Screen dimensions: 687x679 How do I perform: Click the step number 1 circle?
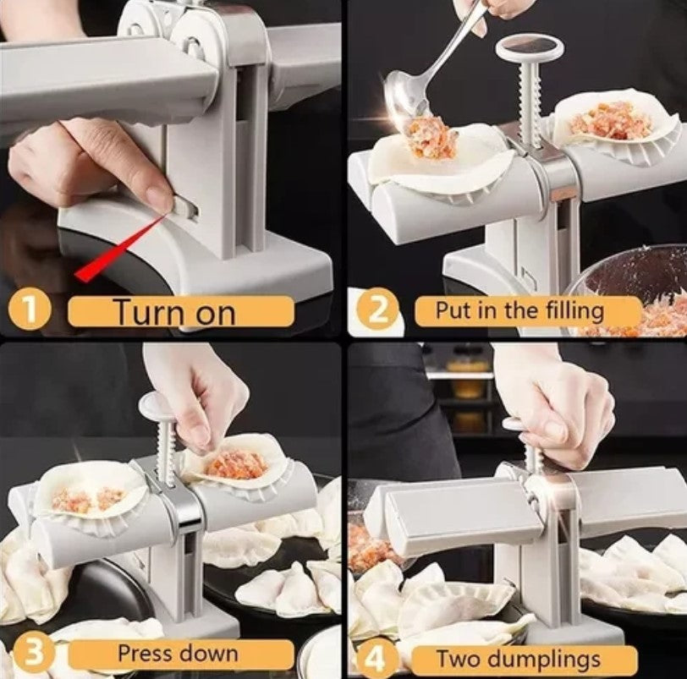pyautogui.click(x=29, y=312)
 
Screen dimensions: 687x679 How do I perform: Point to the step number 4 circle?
pyautogui.click(x=376, y=658)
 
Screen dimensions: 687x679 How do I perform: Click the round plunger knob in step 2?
pyautogui.click(x=530, y=47)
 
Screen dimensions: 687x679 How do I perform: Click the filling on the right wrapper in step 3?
pyautogui.click(x=236, y=464)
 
